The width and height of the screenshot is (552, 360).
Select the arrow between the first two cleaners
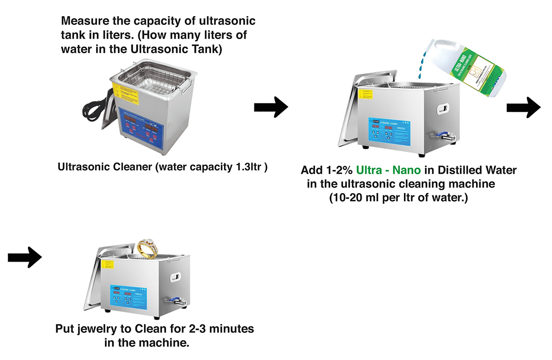[271, 107]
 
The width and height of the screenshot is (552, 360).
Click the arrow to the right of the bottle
[523, 107]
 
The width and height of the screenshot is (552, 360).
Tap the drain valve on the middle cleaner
[443, 137]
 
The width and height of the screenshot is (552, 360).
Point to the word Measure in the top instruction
[83, 21]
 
